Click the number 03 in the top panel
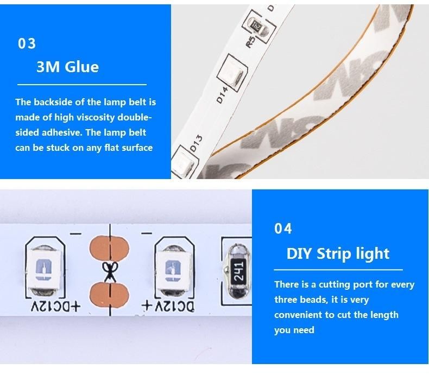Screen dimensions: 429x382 [x=27, y=44]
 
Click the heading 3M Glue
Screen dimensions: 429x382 [x=67, y=67]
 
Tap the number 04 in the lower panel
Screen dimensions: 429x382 [x=283, y=228]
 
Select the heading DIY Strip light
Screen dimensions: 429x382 [x=338, y=253]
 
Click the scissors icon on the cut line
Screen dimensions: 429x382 [x=110, y=271]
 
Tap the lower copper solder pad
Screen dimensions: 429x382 [x=109, y=294]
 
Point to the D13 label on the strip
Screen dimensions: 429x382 [x=196, y=143]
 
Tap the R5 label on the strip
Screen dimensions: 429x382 [x=251, y=42]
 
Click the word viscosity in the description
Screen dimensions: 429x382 [x=95, y=117]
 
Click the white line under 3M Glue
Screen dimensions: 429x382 [x=82, y=85]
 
